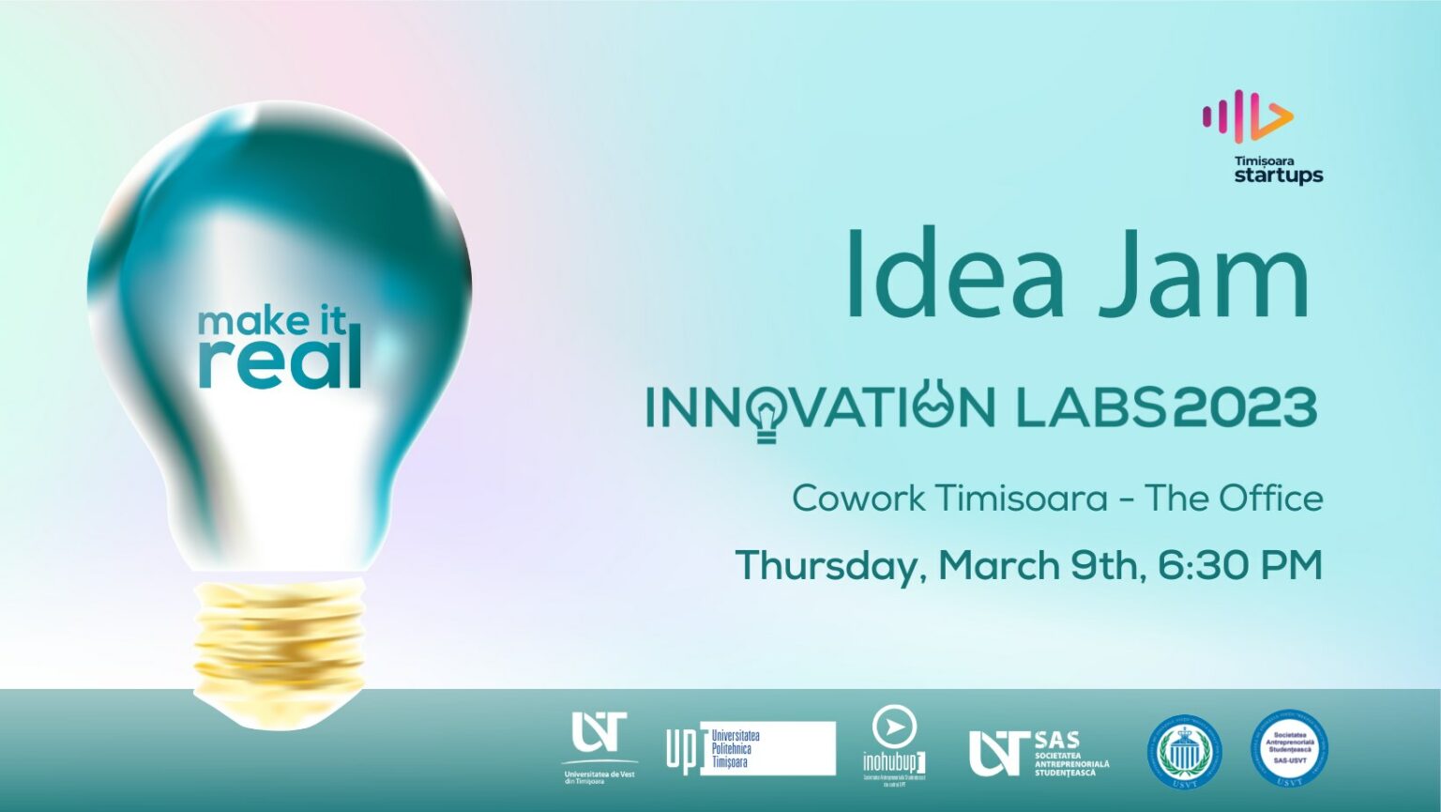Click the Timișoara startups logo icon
coord(1248,117)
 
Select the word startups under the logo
coord(1278,176)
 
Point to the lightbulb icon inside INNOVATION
coord(766,413)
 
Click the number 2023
coord(1245,407)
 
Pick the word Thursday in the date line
coord(830,566)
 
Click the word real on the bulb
coord(280,360)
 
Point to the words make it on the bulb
coord(272,322)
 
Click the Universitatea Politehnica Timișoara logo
coord(750,748)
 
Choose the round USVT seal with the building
coord(1186,751)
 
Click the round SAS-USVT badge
coord(1288,749)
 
